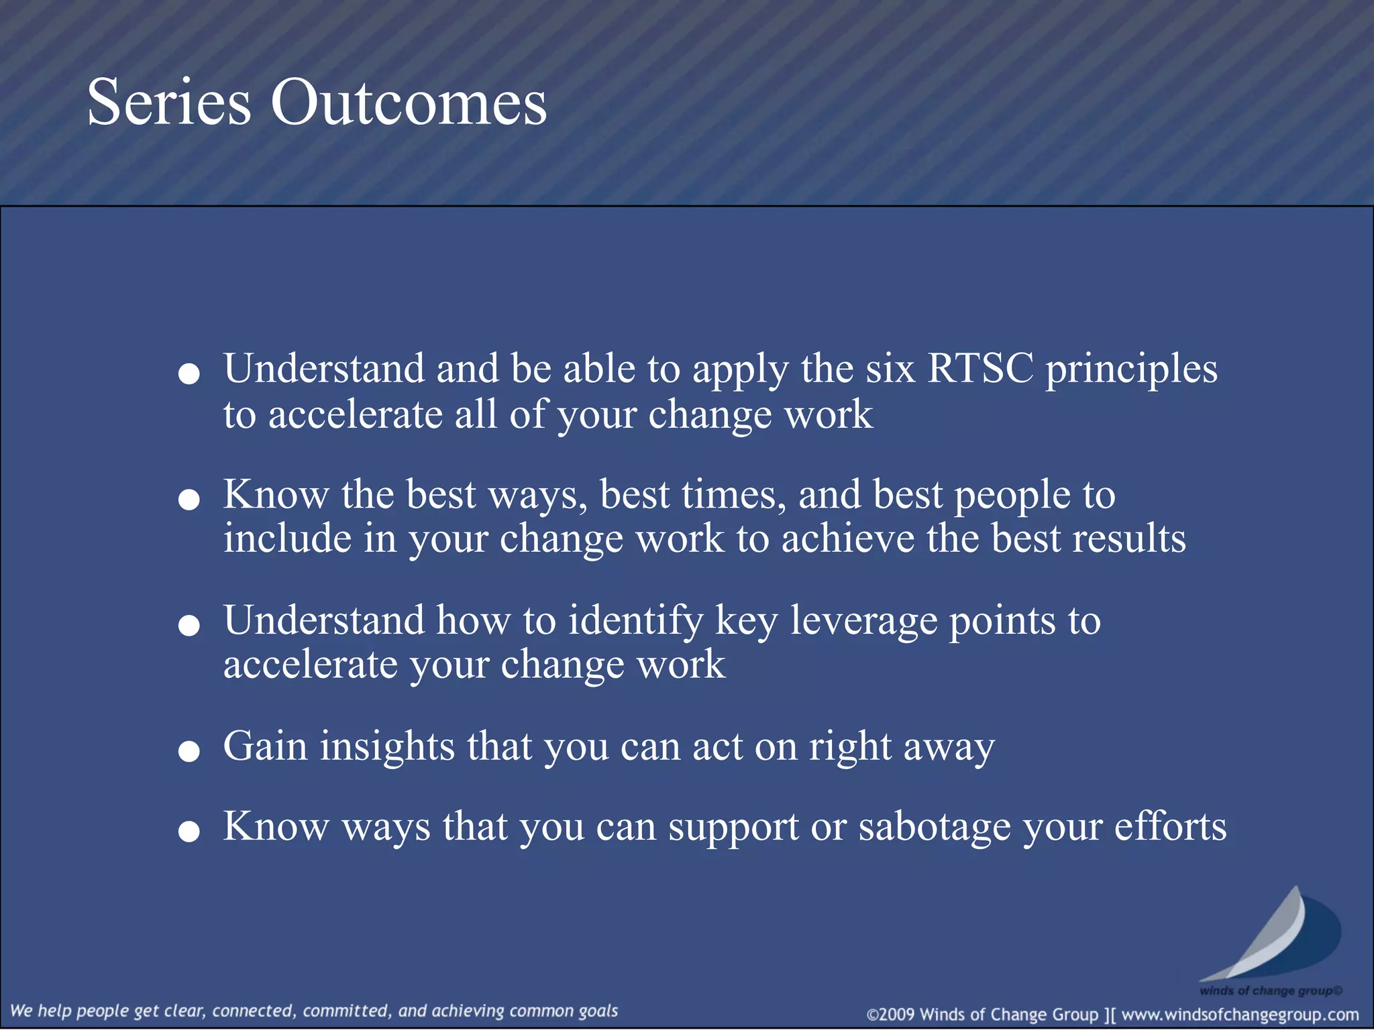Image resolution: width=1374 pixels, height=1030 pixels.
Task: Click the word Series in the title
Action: (x=169, y=103)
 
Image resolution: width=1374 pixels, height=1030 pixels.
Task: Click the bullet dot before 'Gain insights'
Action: (x=189, y=751)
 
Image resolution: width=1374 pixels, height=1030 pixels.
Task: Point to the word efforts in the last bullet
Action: (x=1170, y=826)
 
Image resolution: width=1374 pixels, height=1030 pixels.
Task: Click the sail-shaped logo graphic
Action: (x=1271, y=935)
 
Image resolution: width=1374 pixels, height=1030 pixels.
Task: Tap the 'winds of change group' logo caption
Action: (x=1270, y=990)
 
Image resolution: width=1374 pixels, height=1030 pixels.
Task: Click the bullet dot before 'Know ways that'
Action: (x=189, y=832)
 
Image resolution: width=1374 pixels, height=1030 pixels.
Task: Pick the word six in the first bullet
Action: (x=890, y=368)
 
